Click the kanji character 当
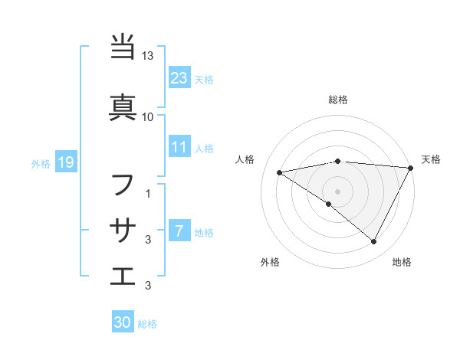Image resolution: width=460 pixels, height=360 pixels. [123, 47]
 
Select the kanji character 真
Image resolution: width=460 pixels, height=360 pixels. [123, 105]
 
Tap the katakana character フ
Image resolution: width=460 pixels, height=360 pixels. [123, 185]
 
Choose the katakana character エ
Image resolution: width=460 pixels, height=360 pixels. [123, 275]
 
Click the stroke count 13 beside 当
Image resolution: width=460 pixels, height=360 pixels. [148, 56]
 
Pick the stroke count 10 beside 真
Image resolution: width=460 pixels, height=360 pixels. [148, 116]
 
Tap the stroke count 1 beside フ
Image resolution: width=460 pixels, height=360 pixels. [148, 194]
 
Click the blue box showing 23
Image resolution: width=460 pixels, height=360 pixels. [179, 78]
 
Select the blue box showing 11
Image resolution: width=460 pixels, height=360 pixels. [179, 147]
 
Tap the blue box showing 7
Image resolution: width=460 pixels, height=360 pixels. [179, 231]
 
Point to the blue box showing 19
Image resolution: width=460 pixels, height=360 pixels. [65, 162]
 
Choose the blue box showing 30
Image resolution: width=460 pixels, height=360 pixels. [123, 323]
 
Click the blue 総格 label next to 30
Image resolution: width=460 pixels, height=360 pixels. [147, 325]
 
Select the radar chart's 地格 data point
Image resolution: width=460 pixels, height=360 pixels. [374, 242]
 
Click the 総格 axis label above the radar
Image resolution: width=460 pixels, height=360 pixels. [338, 100]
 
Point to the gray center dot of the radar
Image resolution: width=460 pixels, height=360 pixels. [337, 190]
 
